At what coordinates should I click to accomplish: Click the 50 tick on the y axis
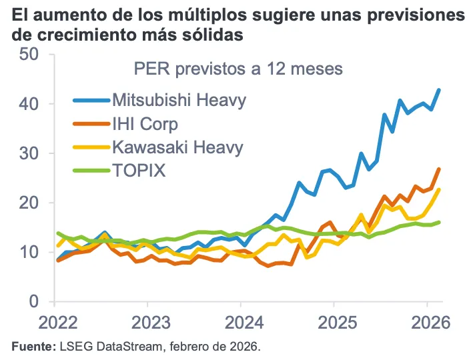coord(30,54)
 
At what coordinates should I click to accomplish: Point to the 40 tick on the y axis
coord(30,104)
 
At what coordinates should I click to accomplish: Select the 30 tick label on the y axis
coord(30,153)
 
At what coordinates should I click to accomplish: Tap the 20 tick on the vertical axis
coord(30,203)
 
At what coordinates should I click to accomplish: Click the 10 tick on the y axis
coord(30,252)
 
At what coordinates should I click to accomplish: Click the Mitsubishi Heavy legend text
coord(179,101)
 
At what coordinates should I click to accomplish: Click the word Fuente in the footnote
coord(30,347)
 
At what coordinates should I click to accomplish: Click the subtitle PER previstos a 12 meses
coord(238,69)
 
